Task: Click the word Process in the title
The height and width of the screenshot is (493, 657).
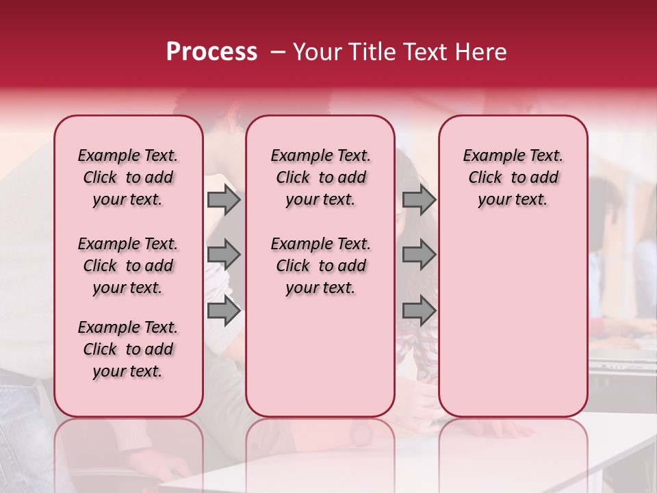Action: pos(211,51)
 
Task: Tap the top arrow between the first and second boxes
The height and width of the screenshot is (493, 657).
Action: pos(223,199)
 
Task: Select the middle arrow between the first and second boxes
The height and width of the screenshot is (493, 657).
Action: pos(223,255)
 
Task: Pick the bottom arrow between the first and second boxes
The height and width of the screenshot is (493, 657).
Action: pos(223,311)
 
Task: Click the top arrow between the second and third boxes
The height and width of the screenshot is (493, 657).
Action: pos(419,199)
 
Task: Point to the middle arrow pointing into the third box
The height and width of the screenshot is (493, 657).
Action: pos(419,255)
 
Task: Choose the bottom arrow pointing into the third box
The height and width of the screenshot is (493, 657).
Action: pos(419,311)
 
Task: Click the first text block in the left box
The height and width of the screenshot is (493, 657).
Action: pos(128,177)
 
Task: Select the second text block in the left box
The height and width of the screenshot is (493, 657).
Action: pos(128,266)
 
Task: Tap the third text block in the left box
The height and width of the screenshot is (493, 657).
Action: pos(128,349)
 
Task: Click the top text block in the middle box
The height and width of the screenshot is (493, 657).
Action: pos(320,177)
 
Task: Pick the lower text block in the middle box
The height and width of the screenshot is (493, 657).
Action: pos(320,266)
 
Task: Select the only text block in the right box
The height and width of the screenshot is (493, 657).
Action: pos(513,177)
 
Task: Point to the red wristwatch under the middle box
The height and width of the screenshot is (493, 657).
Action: pos(361,433)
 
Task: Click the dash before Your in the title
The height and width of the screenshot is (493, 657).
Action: pos(278,51)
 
